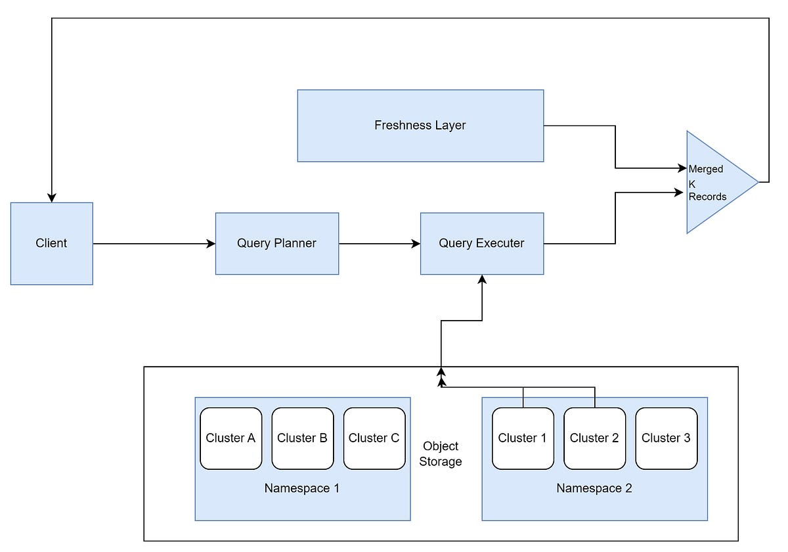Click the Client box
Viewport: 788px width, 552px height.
coord(52,244)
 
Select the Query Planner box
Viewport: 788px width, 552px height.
coord(277,244)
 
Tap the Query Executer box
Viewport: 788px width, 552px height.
coord(482,244)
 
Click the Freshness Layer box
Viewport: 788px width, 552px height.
coord(420,126)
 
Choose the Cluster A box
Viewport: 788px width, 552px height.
coord(230,438)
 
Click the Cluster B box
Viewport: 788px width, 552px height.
coord(303,438)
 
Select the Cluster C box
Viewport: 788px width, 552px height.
coord(374,438)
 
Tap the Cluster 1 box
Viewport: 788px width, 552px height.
coord(523,438)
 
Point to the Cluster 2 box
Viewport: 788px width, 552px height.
coord(594,438)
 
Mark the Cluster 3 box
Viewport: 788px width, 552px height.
coord(667,438)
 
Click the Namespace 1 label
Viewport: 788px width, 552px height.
coord(302,488)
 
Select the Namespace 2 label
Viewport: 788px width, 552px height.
coord(594,488)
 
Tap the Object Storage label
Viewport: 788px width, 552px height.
coord(441,454)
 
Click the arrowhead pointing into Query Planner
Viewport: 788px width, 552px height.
coord(211,244)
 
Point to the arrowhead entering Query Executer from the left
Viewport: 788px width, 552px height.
coord(416,244)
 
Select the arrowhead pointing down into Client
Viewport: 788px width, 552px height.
coord(52,198)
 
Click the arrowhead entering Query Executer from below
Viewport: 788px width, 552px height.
coord(482,279)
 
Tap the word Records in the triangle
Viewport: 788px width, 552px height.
coord(707,196)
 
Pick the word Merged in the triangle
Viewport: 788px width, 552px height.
coord(706,170)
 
